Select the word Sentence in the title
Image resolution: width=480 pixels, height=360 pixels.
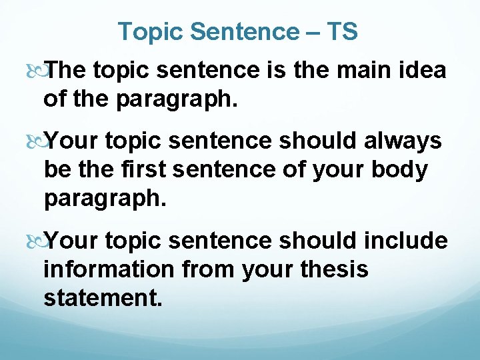point(244,31)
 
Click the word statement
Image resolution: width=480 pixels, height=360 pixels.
point(102,297)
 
